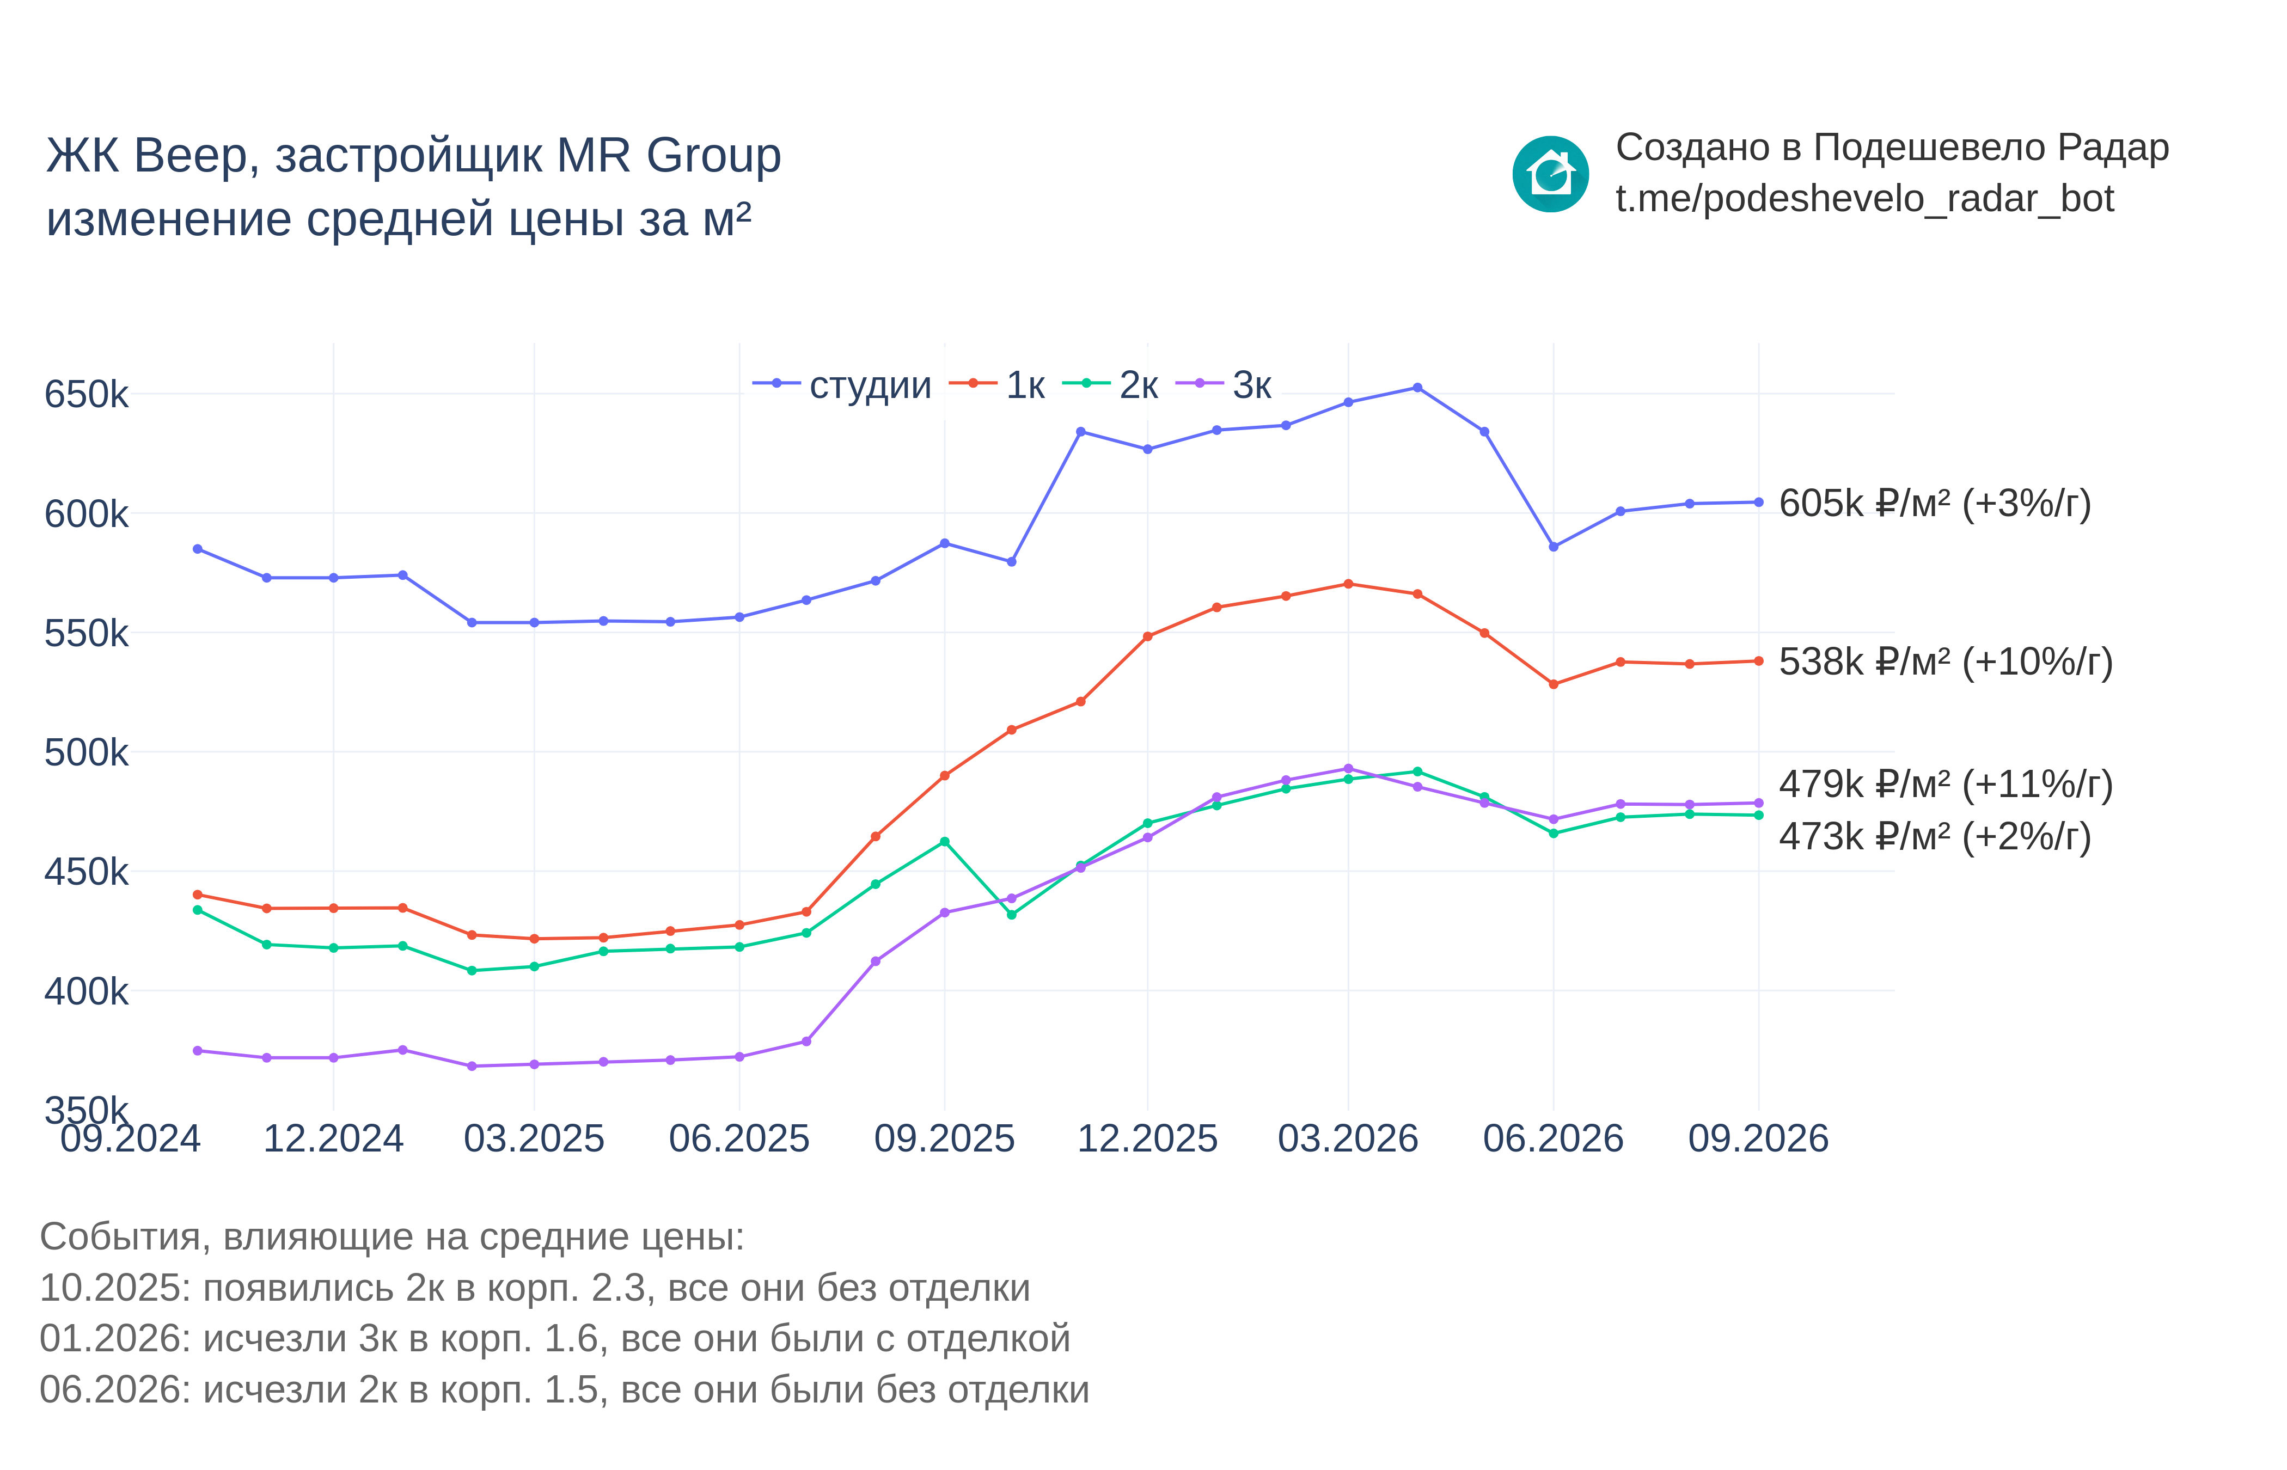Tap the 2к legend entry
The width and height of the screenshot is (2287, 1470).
click(1110, 385)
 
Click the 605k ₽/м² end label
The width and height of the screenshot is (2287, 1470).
click(1935, 503)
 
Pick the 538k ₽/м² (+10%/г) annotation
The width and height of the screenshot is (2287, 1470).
click(1945, 661)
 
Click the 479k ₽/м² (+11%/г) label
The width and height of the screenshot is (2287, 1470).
click(1945, 783)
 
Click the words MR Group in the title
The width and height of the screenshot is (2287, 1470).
click(668, 156)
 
